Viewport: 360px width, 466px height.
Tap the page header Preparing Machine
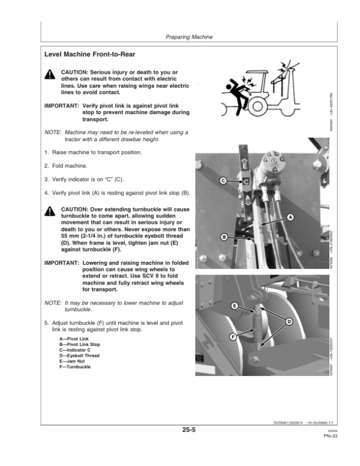(x=189, y=37)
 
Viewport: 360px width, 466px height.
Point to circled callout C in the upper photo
(x=223, y=180)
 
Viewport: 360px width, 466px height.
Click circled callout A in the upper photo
(x=290, y=216)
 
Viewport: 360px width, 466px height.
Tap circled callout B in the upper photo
(x=224, y=237)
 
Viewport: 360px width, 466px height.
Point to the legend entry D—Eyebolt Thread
(x=70, y=356)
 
